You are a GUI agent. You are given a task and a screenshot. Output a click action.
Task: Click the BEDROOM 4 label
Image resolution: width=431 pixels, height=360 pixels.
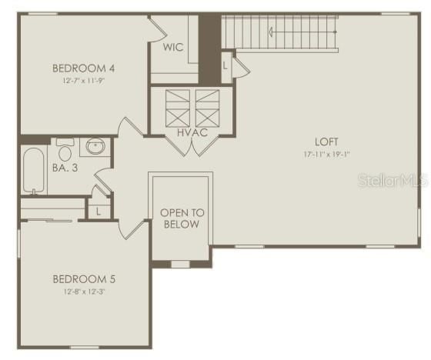tap(83, 68)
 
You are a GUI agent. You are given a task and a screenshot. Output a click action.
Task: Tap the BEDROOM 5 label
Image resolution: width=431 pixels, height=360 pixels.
tap(84, 279)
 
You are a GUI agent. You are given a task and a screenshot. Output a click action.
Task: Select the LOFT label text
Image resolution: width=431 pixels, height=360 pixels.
tap(326, 142)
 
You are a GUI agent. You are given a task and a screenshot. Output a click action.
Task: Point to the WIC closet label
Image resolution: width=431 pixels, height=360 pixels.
tap(173, 47)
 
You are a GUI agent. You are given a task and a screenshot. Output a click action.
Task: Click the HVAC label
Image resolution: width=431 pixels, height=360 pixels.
tap(192, 133)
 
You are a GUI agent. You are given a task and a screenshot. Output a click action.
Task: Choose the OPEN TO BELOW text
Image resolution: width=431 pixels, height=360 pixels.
tap(182, 218)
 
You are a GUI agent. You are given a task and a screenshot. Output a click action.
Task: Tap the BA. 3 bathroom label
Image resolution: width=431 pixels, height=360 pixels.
tap(65, 168)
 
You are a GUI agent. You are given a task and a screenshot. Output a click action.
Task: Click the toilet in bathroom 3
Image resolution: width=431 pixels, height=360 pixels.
tap(65, 150)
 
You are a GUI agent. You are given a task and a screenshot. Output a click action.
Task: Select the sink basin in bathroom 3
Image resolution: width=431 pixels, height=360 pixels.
tap(95, 146)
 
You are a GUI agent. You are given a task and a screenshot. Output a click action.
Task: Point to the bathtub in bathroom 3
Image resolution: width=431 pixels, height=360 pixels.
tap(33, 170)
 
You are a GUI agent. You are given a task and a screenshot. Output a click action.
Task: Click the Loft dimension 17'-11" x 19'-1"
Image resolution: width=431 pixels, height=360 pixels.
tap(326, 155)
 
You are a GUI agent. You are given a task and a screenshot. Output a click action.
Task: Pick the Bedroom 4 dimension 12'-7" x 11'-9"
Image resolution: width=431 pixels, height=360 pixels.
tap(84, 81)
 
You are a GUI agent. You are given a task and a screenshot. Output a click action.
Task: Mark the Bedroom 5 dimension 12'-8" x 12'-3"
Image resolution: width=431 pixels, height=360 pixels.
tap(84, 292)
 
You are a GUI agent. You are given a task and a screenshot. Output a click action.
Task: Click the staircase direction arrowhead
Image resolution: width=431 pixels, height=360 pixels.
tap(271, 32)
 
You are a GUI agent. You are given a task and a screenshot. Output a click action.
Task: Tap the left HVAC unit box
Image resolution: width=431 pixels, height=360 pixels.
tap(178, 108)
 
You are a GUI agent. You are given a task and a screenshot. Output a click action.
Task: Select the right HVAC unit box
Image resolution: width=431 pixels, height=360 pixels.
tap(207, 108)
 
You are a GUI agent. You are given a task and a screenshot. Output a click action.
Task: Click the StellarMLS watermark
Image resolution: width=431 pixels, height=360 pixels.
tap(393, 181)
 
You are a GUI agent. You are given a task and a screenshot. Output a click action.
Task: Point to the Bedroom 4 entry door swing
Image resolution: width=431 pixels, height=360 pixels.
tap(131, 127)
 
